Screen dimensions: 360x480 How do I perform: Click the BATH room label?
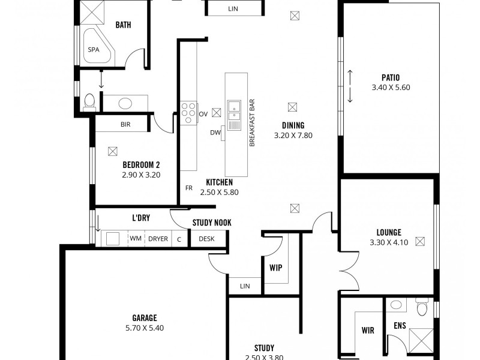coord(123,25)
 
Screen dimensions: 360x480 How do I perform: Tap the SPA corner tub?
coord(94,50)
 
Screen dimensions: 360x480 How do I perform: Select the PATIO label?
coord(390,77)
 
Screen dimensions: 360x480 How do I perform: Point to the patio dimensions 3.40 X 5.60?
coord(390,88)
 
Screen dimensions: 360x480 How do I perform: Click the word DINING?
coord(293,125)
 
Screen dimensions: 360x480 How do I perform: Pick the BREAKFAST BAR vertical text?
coord(253,123)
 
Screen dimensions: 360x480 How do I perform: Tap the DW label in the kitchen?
coord(215,133)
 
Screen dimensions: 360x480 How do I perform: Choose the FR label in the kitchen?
coord(188,188)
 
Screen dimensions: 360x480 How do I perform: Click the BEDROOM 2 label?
coord(141,164)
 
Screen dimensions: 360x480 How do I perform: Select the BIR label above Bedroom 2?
coord(125,125)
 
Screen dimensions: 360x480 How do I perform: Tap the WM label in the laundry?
coord(136,239)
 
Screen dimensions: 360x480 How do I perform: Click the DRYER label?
coord(158,239)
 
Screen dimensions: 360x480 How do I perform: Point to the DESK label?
coord(206,239)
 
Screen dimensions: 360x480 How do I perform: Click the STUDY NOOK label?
coord(212,223)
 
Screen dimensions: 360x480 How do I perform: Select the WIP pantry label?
coord(276,268)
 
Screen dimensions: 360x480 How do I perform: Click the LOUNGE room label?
coord(389,232)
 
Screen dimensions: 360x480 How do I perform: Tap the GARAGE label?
coord(145,317)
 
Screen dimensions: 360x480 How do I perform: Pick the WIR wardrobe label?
coord(368,330)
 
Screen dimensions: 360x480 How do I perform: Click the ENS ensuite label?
coord(400,326)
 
